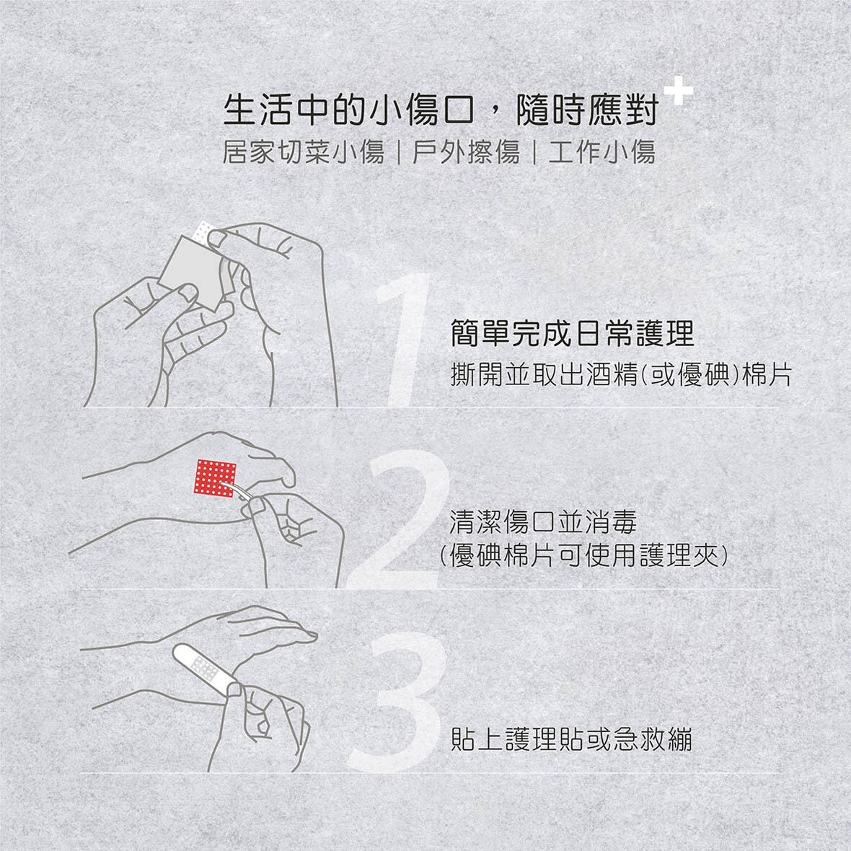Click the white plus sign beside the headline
pyautogui.click(x=678, y=90)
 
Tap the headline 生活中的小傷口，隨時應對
pyautogui.click(x=441, y=110)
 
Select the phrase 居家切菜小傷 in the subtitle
pyautogui.click(x=304, y=152)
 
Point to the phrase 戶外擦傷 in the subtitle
pyautogui.click(x=466, y=152)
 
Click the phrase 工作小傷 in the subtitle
pyautogui.click(x=602, y=152)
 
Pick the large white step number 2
pyautogui.click(x=400, y=519)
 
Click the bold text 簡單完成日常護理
pyautogui.click(x=572, y=332)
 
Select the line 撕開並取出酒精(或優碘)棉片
pyautogui.click(x=622, y=374)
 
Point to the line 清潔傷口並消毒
pyautogui.click(x=543, y=522)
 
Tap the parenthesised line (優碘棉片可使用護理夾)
pyautogui.click(x=583, y=555)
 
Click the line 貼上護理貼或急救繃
pyautogui.click(x=571, y=739)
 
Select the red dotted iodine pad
pyautogui.click(x=215, y=478)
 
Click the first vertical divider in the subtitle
pyautogui.click(x=398, y=152)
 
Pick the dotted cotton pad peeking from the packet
pyautogui.click(x=204, y=232)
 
